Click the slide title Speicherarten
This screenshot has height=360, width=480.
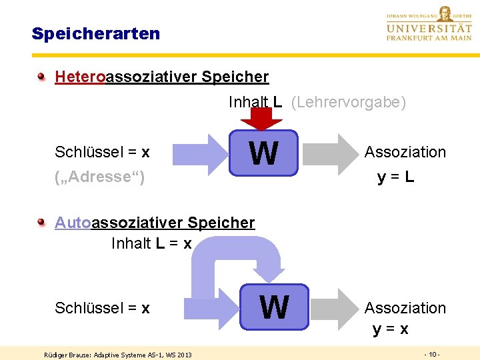(95, 33)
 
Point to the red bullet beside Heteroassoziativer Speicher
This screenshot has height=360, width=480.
(42, 76)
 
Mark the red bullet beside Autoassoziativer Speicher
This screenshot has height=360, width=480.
(42, 222)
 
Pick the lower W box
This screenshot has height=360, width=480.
(275, 307)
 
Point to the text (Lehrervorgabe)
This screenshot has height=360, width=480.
(349, 102)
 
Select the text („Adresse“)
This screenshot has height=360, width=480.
(99, 177)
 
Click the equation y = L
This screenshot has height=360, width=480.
(395, 177)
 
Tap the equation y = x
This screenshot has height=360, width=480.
(391, 329)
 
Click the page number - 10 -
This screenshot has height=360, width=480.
(432, 353)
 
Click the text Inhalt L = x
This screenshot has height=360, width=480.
(151, 243)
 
